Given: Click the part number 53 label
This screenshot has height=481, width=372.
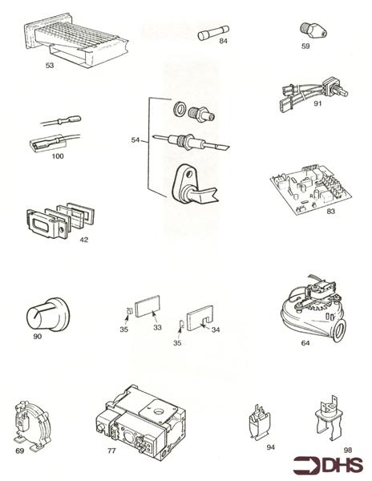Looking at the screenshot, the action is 50,66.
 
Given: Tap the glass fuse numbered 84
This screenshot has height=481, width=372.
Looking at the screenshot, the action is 213,33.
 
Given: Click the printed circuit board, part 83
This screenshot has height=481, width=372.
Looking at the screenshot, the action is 310,189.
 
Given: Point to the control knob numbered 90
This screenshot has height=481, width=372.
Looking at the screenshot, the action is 46,314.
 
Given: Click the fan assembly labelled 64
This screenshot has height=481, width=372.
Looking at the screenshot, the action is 313,309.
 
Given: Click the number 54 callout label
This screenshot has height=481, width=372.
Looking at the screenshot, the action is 135,139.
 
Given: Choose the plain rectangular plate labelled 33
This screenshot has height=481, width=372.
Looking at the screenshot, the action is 148,306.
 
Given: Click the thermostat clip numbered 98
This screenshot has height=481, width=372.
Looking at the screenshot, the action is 329,419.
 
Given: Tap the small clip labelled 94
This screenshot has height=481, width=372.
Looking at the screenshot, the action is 260,422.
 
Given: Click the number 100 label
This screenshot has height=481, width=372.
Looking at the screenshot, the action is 58,156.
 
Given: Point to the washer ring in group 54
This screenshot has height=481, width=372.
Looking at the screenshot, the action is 180,108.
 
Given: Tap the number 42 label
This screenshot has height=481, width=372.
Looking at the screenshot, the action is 83,240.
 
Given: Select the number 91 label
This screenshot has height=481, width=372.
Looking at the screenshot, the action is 317,103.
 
